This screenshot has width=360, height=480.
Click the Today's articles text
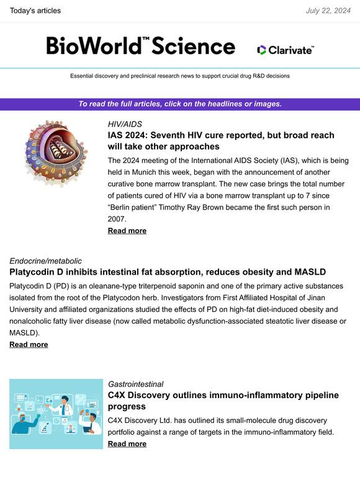pyautogui.click(x=36, y=11)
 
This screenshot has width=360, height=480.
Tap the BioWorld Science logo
pyautogui.click(x=141, y=46)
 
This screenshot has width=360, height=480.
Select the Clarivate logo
pyautogui.click(x=286, y=50)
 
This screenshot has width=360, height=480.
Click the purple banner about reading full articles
pyautogui.click(x=180, y=104)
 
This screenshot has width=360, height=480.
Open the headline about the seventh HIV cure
pyautogui.click(x=221, y=141)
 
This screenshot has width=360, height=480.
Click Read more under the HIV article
pyautogui.click(x=127, y=231)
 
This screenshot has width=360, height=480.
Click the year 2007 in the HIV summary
pyautogui.click(x=117, y=219)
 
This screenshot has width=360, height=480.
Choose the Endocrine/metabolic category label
pyautogui.click(x=45, y=261)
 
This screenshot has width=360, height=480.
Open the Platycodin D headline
pyautogui.click(x=168, y=272)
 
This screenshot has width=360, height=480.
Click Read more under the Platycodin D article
pyautogui.click(x=29, y=344)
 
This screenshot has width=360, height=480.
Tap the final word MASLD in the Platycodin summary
pyautogui.click(x=27, y=333)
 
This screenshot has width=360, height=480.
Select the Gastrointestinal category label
pyautogui.click(x=136, y=384)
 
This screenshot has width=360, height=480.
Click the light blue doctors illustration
pyautogui.click(x=56, y=414)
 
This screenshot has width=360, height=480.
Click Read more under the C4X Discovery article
pyautogui.click(x=127, y=444)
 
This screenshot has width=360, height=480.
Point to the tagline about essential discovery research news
pyautogui.click(x=180, y=76)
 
